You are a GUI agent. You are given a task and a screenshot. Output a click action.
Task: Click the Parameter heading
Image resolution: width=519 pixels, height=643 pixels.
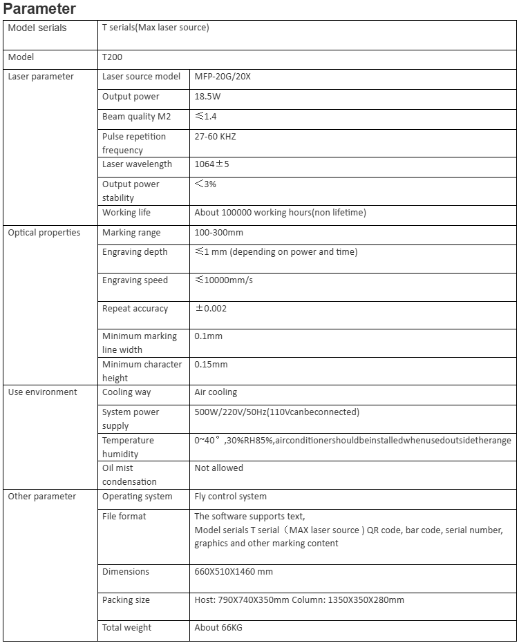tap(39, 9)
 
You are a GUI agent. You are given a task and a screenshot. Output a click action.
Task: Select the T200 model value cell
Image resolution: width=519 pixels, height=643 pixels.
tap(112, 57)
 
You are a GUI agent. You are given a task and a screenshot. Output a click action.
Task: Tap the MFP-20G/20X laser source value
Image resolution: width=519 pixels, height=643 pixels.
tap(223, 77)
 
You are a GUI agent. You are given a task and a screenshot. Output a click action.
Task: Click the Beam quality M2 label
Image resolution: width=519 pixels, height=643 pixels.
tap(136, 117)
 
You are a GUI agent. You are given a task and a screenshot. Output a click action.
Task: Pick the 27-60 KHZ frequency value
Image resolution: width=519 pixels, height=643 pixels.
tap(215, 137)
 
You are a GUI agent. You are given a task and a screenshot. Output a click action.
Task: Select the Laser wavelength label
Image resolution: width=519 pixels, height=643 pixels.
tap(137, 164)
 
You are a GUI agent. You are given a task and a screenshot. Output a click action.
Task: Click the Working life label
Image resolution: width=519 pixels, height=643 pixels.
tap(126, 213)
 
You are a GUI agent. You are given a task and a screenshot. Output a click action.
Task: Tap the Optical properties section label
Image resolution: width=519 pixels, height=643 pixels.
tap(44, 233)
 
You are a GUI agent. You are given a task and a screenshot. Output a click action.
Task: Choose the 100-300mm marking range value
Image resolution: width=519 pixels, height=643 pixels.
tap(218, 233)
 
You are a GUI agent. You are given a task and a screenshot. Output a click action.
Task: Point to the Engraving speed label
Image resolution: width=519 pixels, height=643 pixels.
tap(135, 280)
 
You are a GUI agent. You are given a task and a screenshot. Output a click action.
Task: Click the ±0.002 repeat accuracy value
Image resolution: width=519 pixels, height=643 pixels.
tap(211, 309)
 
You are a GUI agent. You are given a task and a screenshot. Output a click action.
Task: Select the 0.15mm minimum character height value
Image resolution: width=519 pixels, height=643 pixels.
tap(211, 365)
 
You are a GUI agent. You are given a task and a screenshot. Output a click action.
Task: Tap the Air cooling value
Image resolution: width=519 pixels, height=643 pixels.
tap(216, 392)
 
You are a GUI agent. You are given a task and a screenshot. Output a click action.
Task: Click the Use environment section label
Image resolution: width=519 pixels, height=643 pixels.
tap(42, 392)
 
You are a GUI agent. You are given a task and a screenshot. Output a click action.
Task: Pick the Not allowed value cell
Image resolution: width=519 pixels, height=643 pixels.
tap(218, 468)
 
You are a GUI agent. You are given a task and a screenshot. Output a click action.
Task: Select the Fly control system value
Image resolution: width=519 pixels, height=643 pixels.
tap(230, 497)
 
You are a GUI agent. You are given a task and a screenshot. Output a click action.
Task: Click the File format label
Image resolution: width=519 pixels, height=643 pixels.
tap(124, 517)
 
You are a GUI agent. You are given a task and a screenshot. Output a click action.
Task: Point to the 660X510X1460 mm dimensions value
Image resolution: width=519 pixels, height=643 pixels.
tap(234, 572)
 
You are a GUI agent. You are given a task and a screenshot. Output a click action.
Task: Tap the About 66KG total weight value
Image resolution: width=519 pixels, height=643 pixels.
tap(218, 628)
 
